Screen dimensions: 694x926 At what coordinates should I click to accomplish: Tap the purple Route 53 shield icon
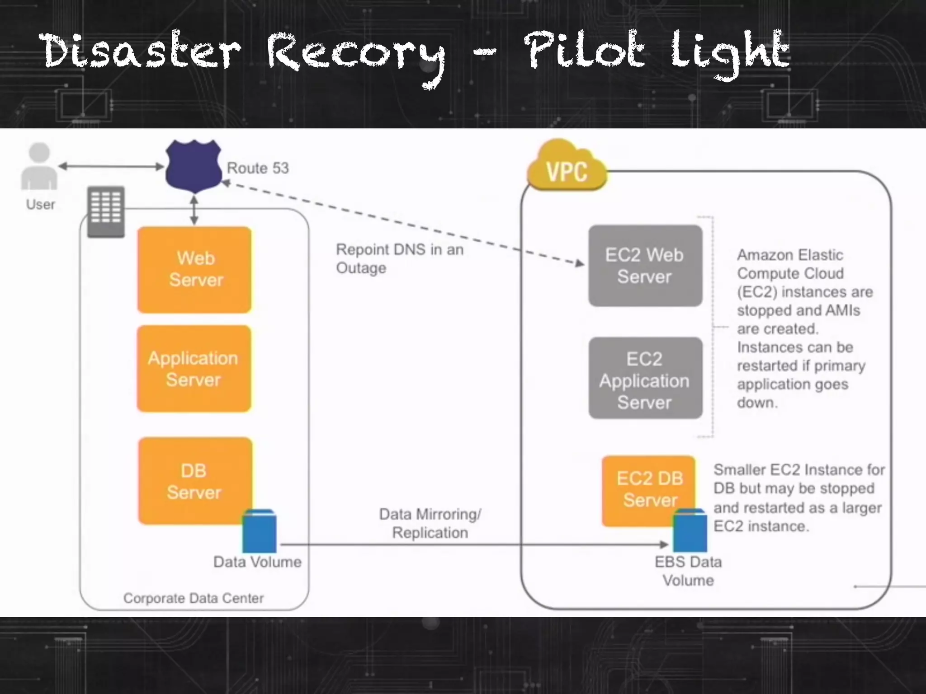194,165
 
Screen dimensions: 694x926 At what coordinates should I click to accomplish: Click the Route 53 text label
258,168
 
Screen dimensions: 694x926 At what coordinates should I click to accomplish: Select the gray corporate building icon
106,211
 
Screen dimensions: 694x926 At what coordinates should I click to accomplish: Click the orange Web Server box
194,269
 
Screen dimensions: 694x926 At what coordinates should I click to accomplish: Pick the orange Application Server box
194,368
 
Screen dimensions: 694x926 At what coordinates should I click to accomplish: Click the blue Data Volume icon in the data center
259,531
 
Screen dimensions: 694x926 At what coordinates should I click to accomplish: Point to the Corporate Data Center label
194,598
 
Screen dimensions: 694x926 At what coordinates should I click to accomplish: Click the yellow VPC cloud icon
567,167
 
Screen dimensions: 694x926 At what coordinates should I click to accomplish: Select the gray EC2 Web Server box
645,266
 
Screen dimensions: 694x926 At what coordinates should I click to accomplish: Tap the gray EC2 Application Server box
645,378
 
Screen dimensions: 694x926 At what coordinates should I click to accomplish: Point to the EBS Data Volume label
688,571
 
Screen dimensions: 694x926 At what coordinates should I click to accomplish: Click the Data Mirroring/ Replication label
430,523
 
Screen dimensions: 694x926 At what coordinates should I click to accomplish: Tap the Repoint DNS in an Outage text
399,258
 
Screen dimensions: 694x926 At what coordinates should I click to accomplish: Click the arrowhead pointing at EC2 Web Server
580,263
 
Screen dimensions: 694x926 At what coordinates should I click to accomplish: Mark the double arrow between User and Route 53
111,166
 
